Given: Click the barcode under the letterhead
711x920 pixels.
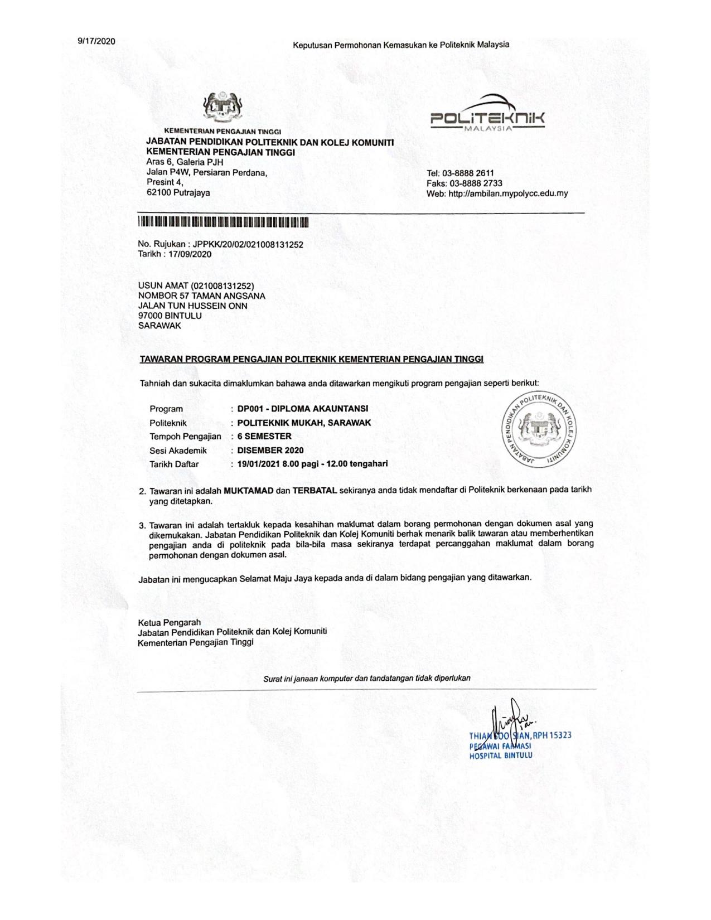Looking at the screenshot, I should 223,222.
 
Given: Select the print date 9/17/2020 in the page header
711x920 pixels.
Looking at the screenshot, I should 96,41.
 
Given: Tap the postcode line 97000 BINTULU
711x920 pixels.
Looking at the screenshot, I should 170,316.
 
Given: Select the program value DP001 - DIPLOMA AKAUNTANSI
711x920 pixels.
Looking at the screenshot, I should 302,409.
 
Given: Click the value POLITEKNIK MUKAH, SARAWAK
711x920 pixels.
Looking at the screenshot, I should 303,423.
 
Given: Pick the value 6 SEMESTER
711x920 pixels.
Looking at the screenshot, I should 264,437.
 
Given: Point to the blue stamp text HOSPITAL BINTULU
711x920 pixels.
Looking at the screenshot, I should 500,756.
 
